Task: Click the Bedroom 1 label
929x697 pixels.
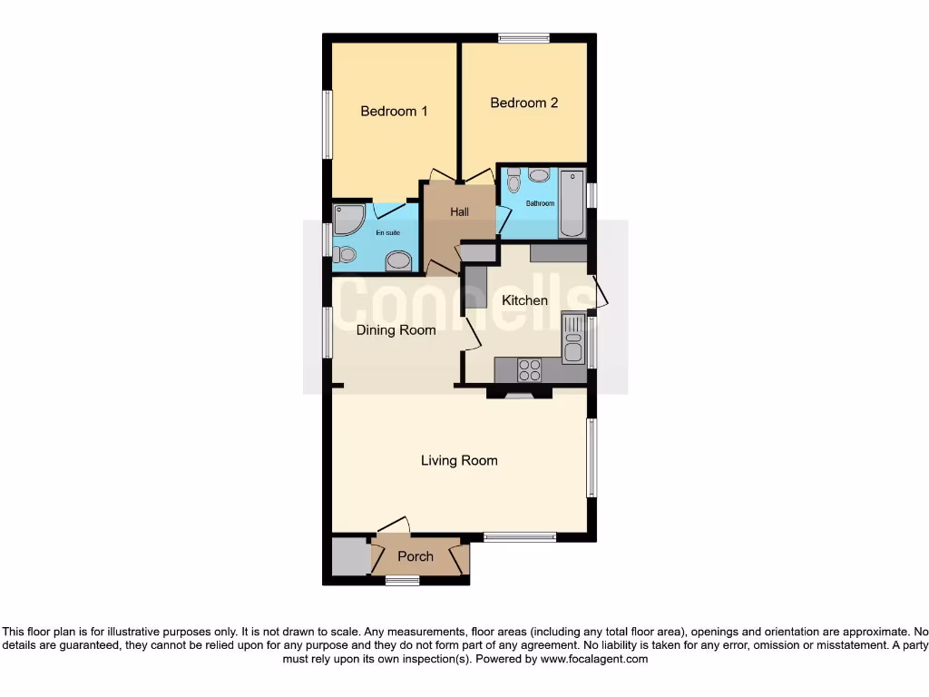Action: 394,112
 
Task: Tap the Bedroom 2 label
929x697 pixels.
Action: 523,103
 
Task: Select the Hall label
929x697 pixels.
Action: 460,212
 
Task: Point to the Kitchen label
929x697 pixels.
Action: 525,300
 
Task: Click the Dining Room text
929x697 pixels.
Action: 396,330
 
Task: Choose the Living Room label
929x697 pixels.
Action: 459,461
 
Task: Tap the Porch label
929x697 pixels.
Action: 416,556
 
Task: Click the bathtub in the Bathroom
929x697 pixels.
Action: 572,203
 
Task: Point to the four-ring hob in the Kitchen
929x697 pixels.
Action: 529,370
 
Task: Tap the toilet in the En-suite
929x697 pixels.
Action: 344,254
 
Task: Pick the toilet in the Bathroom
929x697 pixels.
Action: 513,182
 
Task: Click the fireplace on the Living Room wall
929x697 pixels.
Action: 519,394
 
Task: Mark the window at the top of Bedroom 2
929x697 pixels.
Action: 523,38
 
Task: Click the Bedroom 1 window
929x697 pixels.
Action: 328,124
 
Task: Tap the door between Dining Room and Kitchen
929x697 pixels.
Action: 472,332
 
